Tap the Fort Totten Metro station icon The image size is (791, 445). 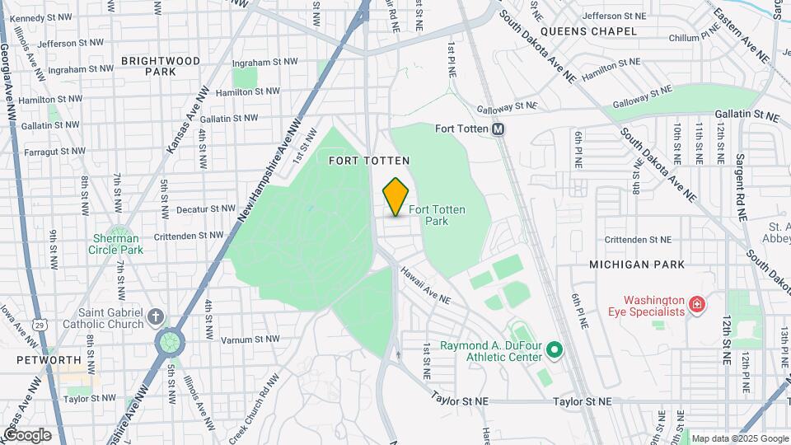[x=498, y=129]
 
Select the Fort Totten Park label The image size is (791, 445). [x=436, y=215]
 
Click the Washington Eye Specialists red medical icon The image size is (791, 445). [x=697, y=306]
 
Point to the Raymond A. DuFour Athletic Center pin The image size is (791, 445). [x=554, y=351]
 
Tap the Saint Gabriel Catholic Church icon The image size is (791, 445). [x=157, y=317]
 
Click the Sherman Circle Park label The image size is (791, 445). [x=118, y=244]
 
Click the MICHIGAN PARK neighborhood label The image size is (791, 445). [x=637, y=265]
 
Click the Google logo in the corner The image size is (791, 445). [x=27, y=434]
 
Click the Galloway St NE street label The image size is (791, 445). [x=507, y=105]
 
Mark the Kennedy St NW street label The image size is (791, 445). [x=39, y=18]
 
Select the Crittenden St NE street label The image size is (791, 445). [x=637, y=239]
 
